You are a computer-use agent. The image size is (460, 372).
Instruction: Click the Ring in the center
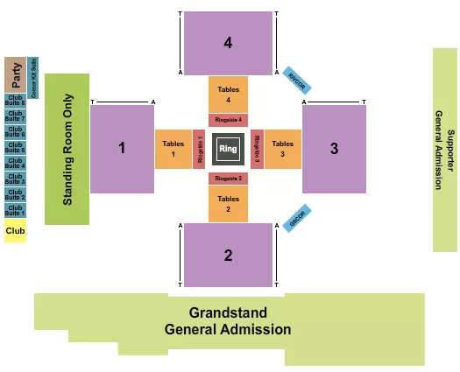[x=228, y=148]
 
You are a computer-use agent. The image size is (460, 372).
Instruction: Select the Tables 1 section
[x=173, y=149]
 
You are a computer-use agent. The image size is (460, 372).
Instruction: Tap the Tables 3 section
[x=282, y=149]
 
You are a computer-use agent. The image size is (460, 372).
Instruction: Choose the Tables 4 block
[x=228, y=94]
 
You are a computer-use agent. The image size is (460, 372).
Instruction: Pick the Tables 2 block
[x=228, y=203]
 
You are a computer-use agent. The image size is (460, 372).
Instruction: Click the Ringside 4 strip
[x=228, y=120]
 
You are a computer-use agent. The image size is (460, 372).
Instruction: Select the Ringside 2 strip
[x=228, y=179]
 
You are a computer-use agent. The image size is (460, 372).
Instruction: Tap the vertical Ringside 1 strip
[x=199, y=149]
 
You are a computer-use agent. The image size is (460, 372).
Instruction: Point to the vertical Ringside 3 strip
[x=257, y=149]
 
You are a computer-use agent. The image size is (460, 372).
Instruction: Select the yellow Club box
[x=15, y=231]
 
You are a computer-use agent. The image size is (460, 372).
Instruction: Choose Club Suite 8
[x=16, y=101]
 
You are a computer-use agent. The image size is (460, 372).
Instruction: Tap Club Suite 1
[x=16, y=210]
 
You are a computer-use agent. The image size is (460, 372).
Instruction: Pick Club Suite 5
[x=16, y=148]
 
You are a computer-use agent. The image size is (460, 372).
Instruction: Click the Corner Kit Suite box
[x=32, y=76]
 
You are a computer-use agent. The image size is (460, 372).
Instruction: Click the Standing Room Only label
[x=67, y=150]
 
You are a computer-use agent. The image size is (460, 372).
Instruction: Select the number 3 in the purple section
[x=334, y=149]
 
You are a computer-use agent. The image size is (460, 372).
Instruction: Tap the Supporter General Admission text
[x=444, y=150]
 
